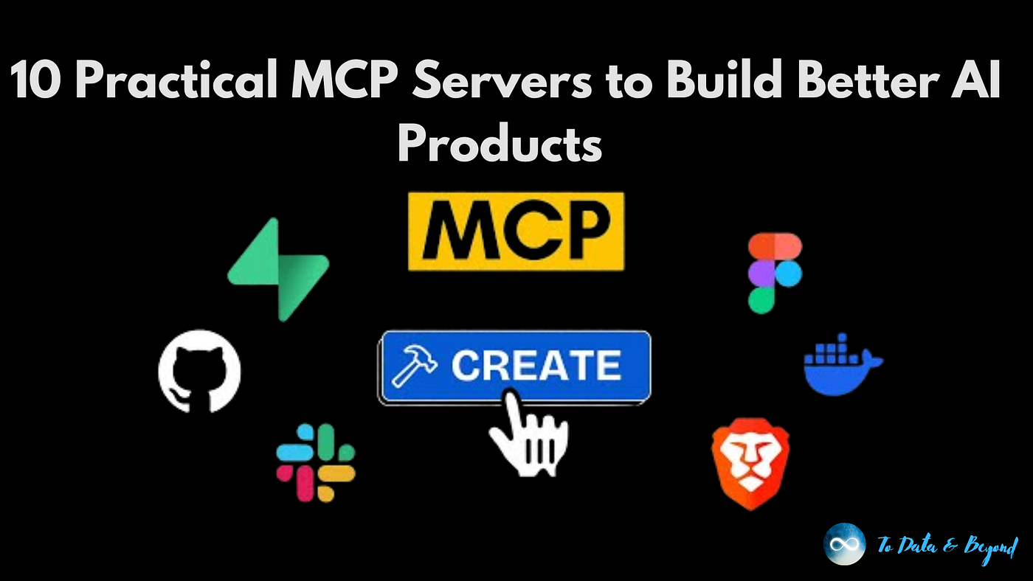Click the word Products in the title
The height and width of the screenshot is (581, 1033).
click(500, 143)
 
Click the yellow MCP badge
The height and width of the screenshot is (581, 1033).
click(516, 231)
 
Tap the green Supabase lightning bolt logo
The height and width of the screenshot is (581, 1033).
click(278, 269)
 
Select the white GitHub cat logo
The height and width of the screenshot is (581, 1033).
click(199, 371)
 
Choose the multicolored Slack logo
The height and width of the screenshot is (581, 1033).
click(316, 462)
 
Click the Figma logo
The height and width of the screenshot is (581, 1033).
click(775, 273)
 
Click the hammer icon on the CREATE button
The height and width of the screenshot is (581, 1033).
click(415, 366)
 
